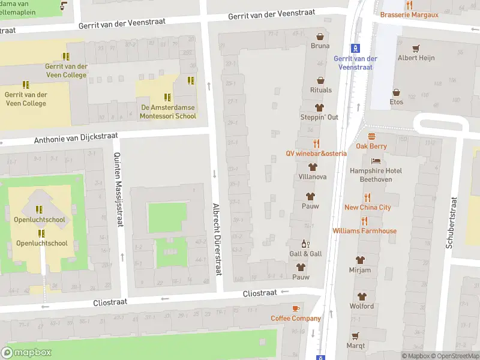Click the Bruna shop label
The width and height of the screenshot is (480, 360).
[x=320, y=46]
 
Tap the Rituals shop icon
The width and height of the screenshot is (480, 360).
[x=320, y=80]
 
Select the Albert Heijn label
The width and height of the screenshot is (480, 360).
[x=416, y=58]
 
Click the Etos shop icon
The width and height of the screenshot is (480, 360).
[x=396, y=92]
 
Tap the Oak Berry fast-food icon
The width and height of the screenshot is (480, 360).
[x=371, y=136]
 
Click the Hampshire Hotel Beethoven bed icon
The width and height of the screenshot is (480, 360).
[x=376, y=161]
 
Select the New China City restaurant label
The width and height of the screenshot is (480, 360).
[x=367, y=208]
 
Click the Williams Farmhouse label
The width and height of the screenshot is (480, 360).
[x=364, y=231]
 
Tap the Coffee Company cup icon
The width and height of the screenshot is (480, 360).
[x=295, y=308]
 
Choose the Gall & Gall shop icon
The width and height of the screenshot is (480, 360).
[x=305, y=244]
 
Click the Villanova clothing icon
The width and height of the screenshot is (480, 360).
[x=312, y=167]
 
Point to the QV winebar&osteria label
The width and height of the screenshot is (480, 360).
[x=316, y=154]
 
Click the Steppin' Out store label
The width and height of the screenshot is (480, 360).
[x=319, y=117]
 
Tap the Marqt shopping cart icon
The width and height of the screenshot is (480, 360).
[x=355, y=336]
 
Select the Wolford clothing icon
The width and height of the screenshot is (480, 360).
[x=361, y=296]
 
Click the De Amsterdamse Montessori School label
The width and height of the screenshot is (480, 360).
[x=168, y=112]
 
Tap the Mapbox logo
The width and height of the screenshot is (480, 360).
[x=26, y=353]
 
